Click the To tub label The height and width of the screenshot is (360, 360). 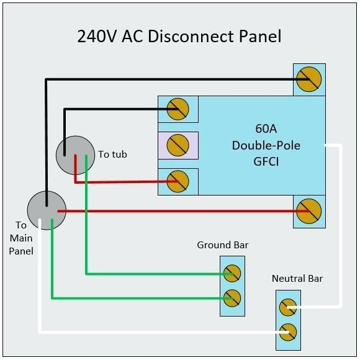tap(112, 154)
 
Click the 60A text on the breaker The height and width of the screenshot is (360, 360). tap(266, 130)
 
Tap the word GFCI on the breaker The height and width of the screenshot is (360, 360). tap(266, 160)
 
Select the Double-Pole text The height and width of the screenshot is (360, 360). tap(266, 145)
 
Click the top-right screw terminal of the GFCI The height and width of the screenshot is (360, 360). tap(308, 79)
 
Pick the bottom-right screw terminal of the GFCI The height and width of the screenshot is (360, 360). tap(308, 211)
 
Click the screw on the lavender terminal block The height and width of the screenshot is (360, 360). tap(178, 145)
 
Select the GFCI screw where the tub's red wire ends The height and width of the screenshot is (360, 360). tap(178, 181)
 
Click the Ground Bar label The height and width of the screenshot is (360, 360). tap(223, 245)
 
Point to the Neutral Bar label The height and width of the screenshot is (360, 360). tap(297, 278)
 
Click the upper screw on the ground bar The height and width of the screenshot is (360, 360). tap(232, 272)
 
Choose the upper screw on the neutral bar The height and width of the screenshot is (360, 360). tap(287, 307)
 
